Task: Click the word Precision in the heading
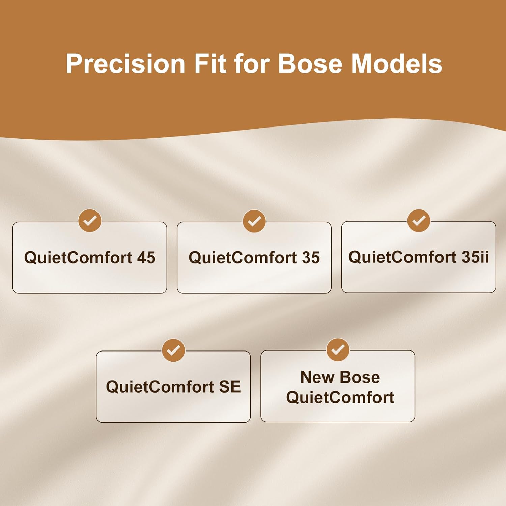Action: pyautogui.click(x=125, y=63)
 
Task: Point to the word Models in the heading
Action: pyautogui.click(x=397, y=63)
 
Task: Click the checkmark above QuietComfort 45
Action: pyautogui.click(x=90, y=221)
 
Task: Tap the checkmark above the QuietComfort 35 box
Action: pyautogui.click(x=254, y=221)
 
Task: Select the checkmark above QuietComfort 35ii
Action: pyautogui.click(x=419, y=221)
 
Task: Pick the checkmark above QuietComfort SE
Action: pyautogui.click(x=173, y=350)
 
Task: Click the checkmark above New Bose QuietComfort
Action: pyautogui.click(x=338, y=350)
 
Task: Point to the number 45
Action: pyautogui.click(x=146, y=258)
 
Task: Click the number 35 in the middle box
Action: pyautogui.click(x=311, y=258)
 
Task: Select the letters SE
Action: pyautogui.click(x=230, y=387)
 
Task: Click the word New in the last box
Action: pyautogui.click(x=317, y=377)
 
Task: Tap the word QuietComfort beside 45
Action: pyautogui.click(x=78, y=258)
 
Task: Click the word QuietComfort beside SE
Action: pyautogui.click(x=160, y=387)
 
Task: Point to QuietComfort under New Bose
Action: pyautogui.click(x=340, y=397)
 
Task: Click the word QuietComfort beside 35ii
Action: pyautogui.click(x=402, y=257)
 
